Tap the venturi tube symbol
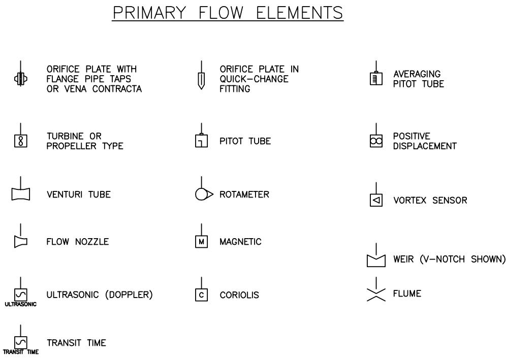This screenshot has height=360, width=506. coord(21,194)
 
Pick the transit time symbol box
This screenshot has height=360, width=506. coord(21,342)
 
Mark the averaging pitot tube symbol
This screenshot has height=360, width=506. coord(376,79)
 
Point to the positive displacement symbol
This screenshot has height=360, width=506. coord(376,142)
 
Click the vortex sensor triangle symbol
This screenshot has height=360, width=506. coord(376,200)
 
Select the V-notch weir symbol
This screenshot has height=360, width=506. coord(376,260)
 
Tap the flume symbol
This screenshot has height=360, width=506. coord(376,294)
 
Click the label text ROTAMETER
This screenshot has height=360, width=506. coord(244,194)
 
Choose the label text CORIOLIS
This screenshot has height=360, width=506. coord(239,295)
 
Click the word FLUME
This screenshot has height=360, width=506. coord(407,293)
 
